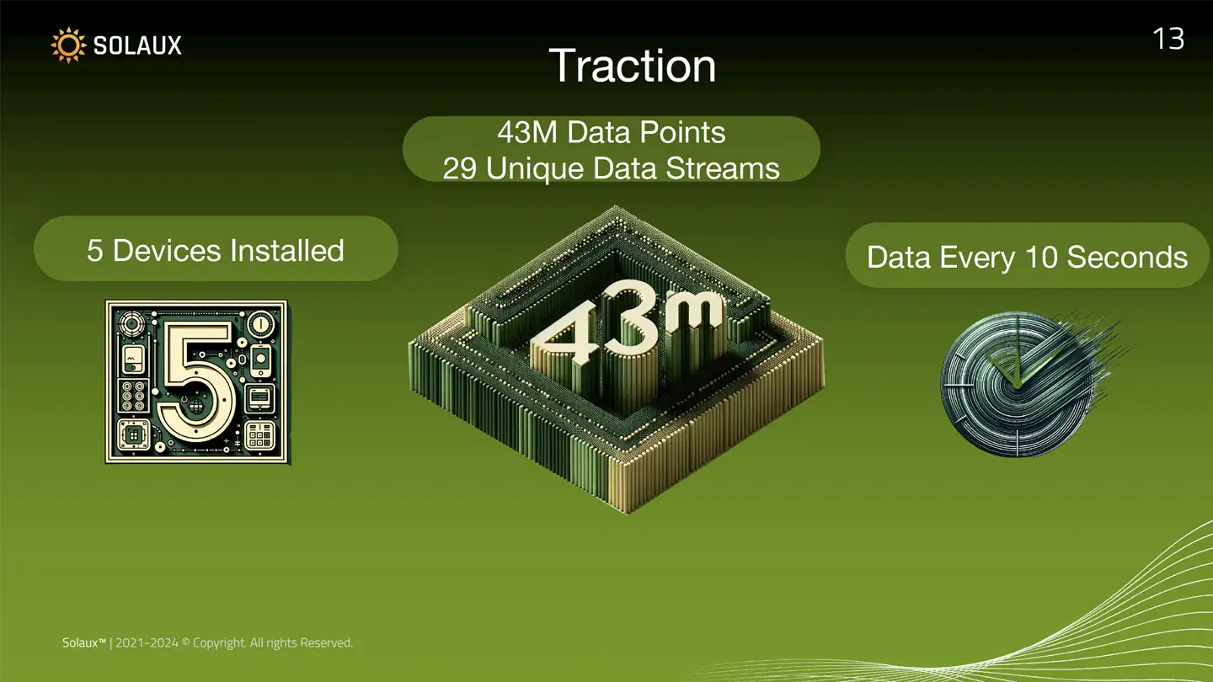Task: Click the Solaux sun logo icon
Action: (x=68, y=45)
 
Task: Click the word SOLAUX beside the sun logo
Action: (x=137, y=45)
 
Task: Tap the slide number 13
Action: (x=1168, y=39)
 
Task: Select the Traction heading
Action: (x=632, y=66)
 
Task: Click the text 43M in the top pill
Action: (x=527, y=132)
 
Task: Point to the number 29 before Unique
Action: (x=459, y=168)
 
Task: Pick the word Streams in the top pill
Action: (x=723, y=168)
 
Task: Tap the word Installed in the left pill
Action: (x=287, y=251)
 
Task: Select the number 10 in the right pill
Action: (x=1041, y=257)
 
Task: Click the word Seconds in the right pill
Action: (x=1127, y=257)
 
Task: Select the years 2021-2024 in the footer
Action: (x=147, y=642)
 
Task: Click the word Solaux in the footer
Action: (x=81, y=642)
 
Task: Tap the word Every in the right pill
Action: (x=977, y=258)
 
